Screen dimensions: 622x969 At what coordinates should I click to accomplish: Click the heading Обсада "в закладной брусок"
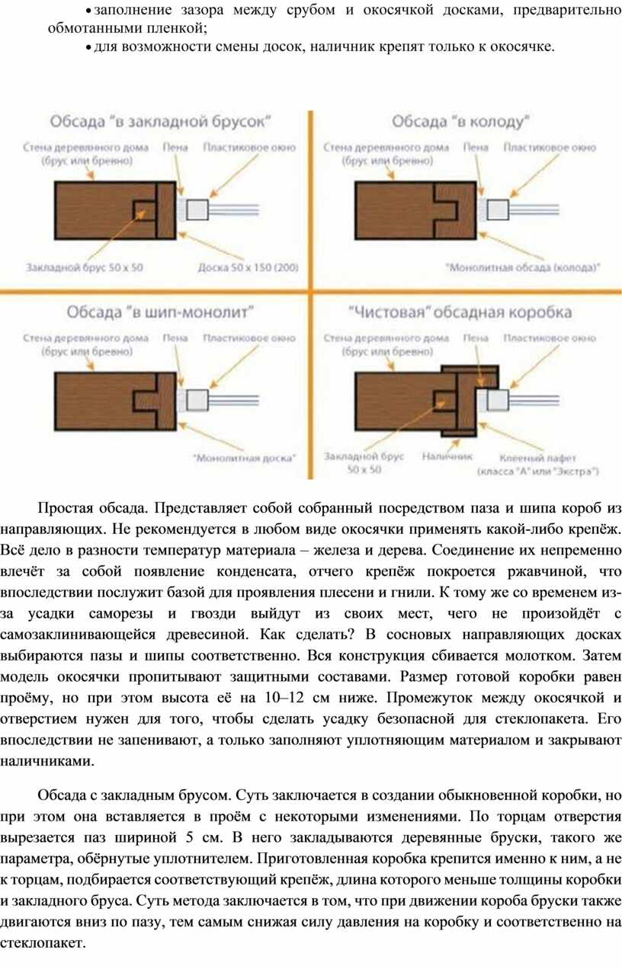pos(161,122)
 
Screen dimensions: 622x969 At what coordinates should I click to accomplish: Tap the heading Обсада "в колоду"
pos(461,122)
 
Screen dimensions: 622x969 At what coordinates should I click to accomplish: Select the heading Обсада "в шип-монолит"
pos(160,312)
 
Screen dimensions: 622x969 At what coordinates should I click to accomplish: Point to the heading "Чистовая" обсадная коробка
pos(460,312)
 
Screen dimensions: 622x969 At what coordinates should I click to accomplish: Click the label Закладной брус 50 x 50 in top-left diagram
pos(85,267)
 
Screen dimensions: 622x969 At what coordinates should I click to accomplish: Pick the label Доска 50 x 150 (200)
pos(248,268)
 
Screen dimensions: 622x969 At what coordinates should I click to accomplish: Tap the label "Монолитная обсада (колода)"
pos(523,268)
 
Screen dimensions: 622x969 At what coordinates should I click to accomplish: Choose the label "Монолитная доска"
pos(245,458)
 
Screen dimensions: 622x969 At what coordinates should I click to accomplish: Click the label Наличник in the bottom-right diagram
pos(447,456)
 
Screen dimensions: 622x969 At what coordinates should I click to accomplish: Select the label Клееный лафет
pos(538,458)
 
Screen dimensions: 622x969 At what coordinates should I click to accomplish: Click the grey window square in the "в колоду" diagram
pos(498,209)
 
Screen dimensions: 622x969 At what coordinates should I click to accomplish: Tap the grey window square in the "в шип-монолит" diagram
pos(197,400)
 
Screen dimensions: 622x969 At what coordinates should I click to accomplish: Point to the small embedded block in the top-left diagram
pos(145,210)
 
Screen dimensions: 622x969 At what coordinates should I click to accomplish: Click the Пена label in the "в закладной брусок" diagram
pos(175,148)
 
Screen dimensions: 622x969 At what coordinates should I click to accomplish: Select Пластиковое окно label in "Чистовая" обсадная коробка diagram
pos(550,338)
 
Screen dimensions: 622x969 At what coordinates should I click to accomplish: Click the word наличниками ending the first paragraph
pos(46,762)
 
